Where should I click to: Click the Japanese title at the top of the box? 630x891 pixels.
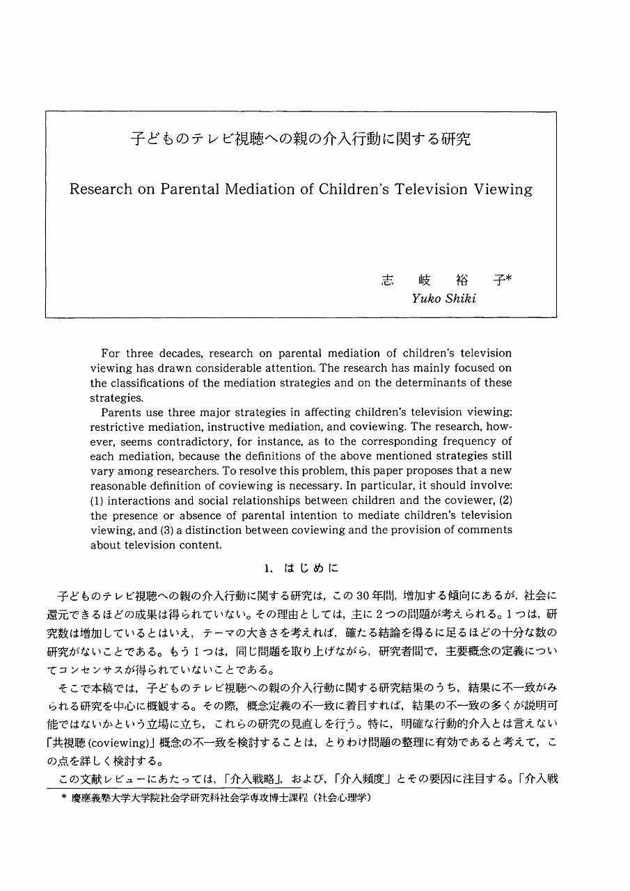click(301, 139)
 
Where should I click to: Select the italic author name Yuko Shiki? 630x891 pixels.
click(443, 299)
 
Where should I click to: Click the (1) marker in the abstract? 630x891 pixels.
click(97, 500)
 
